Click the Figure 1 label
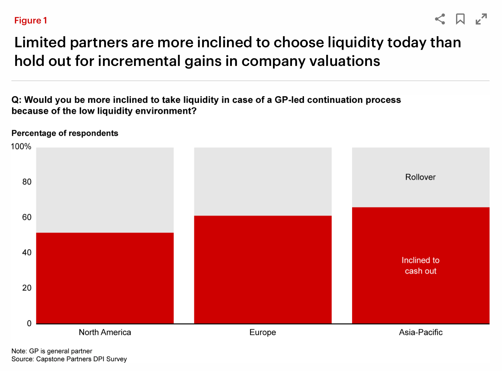[30, 21]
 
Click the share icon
[440, 19]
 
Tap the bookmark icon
[460, 19]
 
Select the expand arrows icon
[481, 19]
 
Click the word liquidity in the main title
[356, 43]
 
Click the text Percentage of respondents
[65, 133]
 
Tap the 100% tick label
[21, 147]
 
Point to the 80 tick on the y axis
[27, 182]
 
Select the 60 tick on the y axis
[27, 217]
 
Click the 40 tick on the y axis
[27, 253]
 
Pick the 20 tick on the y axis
[27, 288]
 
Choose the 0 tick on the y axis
[29, 323]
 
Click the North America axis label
[105, 332]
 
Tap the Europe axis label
[263, 332]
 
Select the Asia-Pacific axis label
[420, 332]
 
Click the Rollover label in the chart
[420, 177]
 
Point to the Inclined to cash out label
[420, 265]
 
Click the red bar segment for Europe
[263, 269]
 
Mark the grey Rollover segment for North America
[105, 190]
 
